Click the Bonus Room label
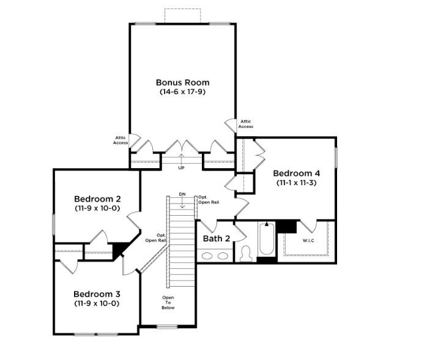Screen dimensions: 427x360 (183, 83)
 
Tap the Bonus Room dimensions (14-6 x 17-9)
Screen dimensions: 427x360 (182, 92)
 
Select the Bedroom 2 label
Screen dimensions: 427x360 (97, 199)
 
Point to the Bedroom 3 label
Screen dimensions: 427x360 (97, 294)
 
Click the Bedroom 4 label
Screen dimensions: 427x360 (297, 174)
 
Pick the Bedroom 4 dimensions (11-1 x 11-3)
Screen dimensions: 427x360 (297, 183)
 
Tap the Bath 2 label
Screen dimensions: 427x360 (217, 238)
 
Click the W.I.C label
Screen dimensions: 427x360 (308, 241)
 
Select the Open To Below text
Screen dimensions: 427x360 (168, 303)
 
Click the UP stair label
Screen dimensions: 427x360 (181, 168)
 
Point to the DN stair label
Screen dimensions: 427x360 (182, 194)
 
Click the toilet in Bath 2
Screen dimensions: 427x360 (246, 254)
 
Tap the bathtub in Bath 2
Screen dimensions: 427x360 (267, 238)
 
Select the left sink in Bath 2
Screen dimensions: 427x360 (207, 255)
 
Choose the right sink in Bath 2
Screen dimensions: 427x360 (223, 255)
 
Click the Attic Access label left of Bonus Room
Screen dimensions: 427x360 (121, 140)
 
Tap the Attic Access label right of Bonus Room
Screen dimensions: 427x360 (246, 124)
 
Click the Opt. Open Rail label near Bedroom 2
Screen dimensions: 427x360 (156, 238)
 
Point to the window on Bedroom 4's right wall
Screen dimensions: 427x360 (336, 158)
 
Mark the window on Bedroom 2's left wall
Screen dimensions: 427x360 (54, 224)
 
